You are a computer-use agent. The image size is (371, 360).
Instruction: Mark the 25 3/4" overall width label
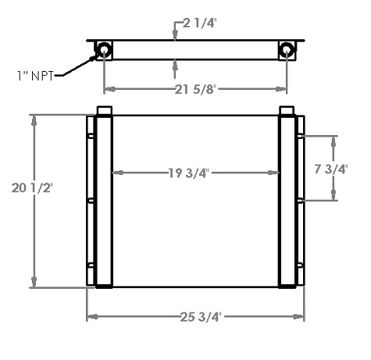point(197,316)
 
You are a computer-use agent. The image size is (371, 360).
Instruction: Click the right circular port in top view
point(288,50)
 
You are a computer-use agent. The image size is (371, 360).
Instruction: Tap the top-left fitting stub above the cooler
point(104,110)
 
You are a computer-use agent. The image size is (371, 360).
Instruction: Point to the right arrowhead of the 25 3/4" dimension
point(301,316)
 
